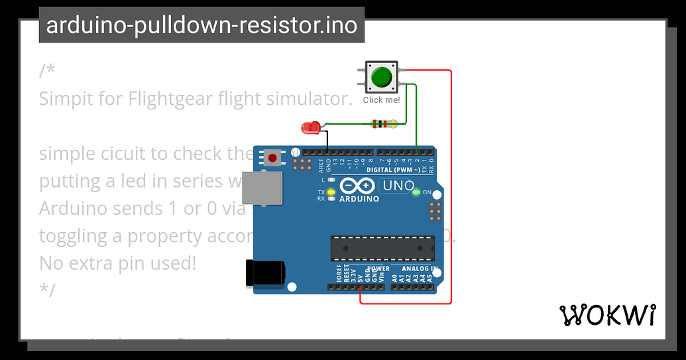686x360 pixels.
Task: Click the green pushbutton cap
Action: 381,77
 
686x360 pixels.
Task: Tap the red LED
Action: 309,127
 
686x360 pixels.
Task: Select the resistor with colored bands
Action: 384,123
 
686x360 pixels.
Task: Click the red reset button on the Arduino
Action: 272,158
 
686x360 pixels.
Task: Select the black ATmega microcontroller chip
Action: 382,248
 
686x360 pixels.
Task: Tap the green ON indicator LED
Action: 416,192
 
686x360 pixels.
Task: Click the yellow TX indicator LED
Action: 330,192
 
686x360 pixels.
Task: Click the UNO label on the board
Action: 398,186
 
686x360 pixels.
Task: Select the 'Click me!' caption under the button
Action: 381,100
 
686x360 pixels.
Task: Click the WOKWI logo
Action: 608,316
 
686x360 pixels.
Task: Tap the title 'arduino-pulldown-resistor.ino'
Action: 201,25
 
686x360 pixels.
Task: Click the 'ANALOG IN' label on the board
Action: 420,269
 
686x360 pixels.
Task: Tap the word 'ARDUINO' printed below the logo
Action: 359,198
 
